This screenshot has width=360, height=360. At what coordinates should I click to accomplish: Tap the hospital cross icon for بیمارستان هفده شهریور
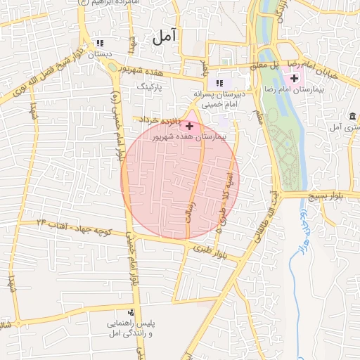point(189,126)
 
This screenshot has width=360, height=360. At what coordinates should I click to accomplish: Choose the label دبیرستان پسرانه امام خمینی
point(222,98)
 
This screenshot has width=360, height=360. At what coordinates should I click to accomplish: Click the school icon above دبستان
point(98,43)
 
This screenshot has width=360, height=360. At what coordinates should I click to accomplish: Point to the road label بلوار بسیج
point(326,196)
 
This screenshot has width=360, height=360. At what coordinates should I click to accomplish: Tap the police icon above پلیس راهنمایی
point(130,313)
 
